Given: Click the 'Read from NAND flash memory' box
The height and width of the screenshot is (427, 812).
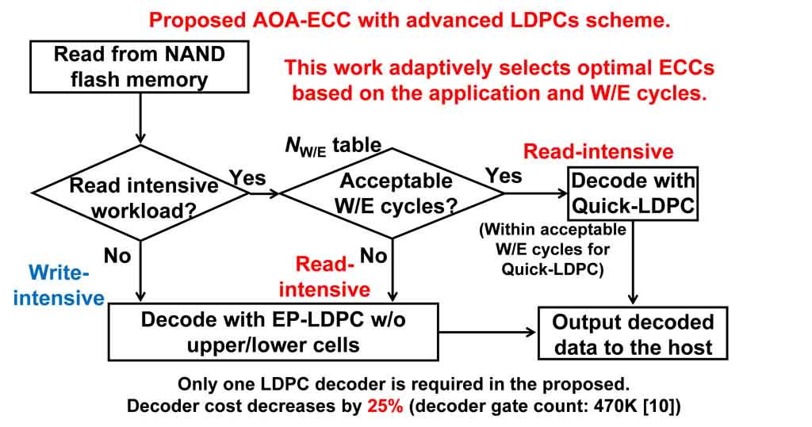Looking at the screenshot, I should tap(140, 67).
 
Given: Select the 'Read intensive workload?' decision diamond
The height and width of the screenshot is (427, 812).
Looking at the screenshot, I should tap(143, 194).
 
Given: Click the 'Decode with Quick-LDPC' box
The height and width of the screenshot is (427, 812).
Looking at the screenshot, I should tap(633, 193).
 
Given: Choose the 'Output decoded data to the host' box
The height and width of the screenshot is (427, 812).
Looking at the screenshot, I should tap(633, 334).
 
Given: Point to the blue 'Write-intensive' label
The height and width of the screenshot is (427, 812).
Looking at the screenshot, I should tap(60, 285).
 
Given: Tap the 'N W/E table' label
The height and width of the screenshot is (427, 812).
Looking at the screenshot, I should tap(332, 145).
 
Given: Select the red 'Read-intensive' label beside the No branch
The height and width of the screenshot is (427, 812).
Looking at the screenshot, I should tap(324, 276).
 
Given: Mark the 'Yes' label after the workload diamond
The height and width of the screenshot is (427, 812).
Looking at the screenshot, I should tap(247, 178).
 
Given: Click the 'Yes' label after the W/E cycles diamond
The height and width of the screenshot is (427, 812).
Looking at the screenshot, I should tap(504, 174).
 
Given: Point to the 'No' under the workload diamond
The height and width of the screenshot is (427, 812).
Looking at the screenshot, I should tap(117, 255).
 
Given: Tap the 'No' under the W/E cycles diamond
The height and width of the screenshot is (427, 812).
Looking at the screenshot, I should tap(373, 255).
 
